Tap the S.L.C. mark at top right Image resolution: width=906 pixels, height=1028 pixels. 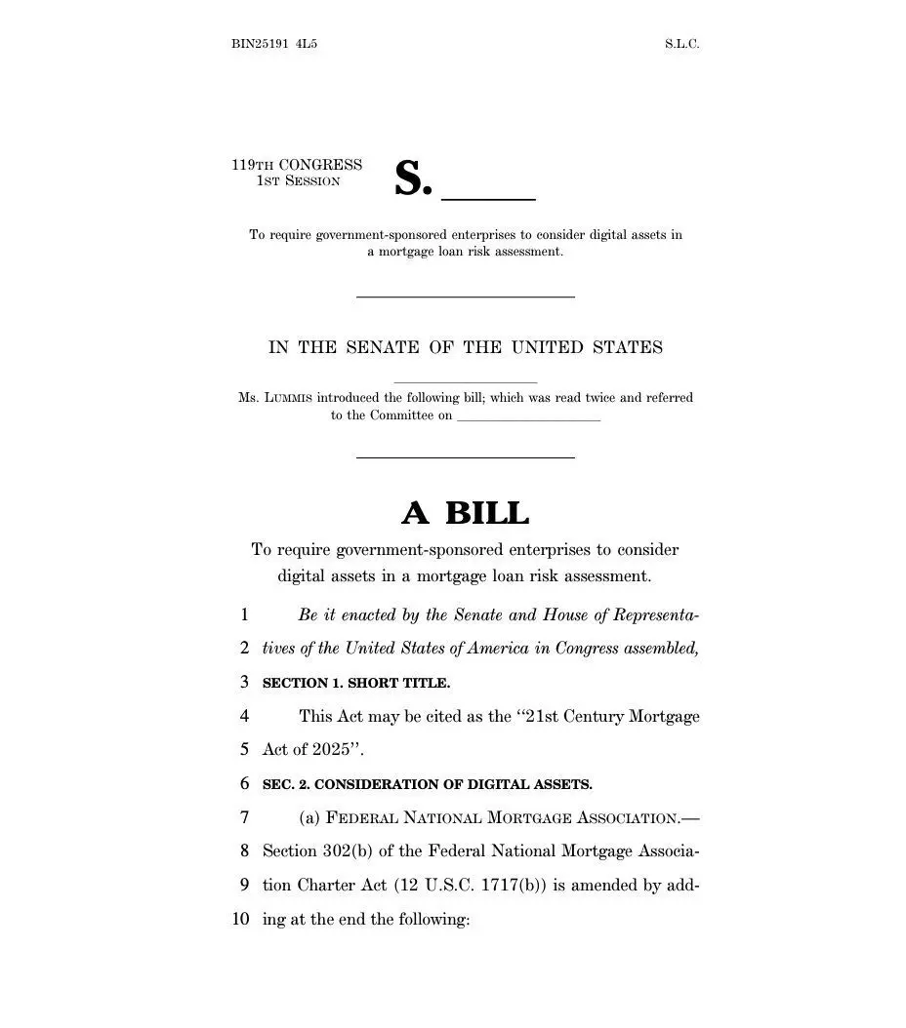point(681,44)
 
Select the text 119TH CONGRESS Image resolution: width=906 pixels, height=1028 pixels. point(297,165)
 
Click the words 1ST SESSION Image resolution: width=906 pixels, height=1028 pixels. point(298,181)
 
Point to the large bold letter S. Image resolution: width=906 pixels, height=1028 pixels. point(411,178)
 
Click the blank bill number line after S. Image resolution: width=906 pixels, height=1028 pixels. point(489,196)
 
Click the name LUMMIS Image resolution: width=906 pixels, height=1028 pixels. point(286,398)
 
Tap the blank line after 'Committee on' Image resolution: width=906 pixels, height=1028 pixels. point(528,417)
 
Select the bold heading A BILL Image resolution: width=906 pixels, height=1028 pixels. point(465,512)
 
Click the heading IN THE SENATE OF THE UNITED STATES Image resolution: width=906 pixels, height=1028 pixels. point(466,347)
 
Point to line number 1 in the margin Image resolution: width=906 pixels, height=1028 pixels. point(244,615)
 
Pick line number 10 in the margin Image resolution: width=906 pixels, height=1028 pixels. point(240,919)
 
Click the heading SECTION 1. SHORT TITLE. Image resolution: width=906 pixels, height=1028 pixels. point(356,683)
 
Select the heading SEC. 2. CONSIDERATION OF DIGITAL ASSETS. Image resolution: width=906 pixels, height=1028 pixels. point(427,784)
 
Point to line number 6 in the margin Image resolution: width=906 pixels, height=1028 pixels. point(244,784)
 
